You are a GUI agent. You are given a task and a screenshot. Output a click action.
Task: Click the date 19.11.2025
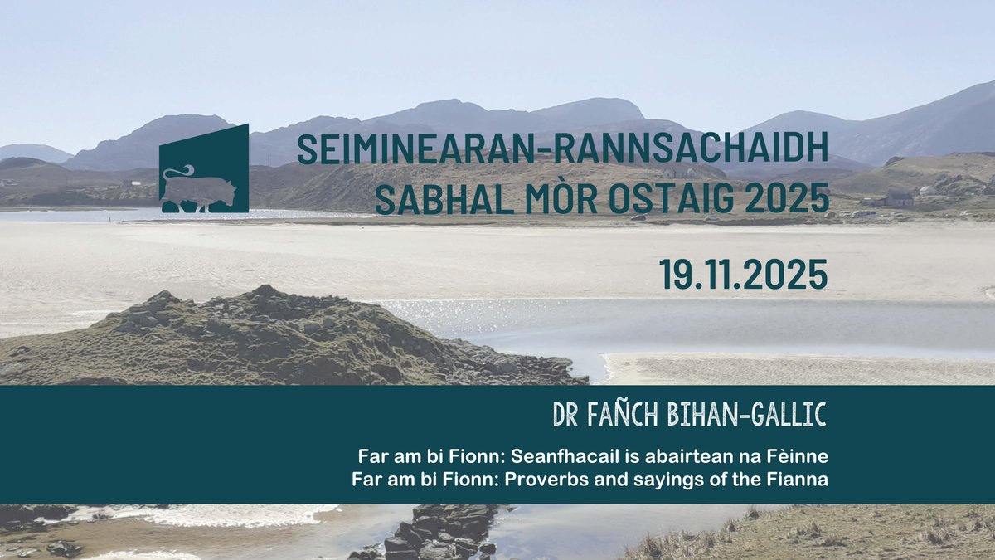(744, 273)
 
